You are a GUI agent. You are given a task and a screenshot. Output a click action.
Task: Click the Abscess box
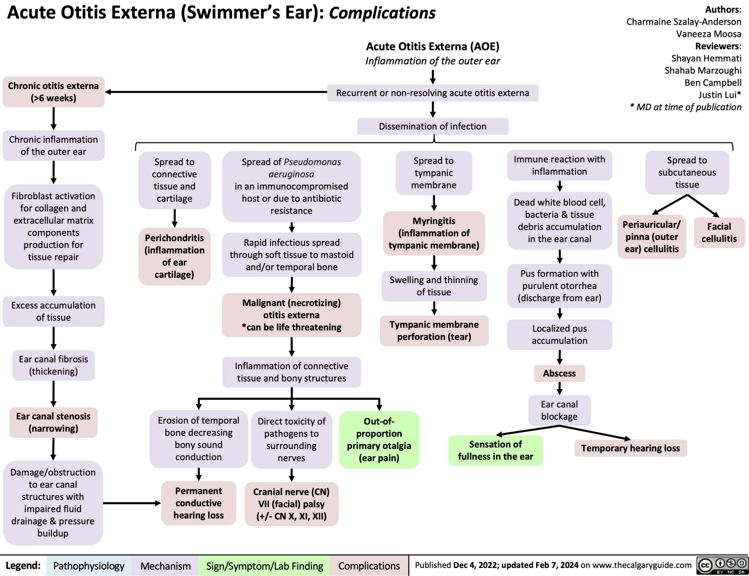point(559,373)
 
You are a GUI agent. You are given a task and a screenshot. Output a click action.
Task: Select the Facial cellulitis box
point(719,232)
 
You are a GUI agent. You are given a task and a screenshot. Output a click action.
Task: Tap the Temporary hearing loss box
point(631,448)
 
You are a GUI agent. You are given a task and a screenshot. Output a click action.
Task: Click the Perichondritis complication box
point(174,256)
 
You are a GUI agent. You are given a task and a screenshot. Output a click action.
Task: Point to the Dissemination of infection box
point(433,126)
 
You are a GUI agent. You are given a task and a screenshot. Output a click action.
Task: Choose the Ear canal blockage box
point(559,410)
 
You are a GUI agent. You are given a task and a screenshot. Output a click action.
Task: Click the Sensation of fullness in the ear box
point(495,450)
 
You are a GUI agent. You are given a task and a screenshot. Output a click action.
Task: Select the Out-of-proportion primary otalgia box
point(379,439)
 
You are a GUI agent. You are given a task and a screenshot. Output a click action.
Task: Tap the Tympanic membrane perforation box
point(434,330)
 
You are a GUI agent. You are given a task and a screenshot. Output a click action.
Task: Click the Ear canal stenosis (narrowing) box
point(53,422)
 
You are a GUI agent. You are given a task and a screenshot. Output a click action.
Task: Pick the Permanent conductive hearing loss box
point(199,503)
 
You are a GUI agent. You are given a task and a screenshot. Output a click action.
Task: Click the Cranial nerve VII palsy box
point(291,504)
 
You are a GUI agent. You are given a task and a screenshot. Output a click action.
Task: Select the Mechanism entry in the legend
point(165,566)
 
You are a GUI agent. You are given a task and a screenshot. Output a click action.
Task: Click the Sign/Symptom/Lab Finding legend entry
point(264,566)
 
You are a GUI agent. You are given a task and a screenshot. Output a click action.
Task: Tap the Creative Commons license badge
point(722,565)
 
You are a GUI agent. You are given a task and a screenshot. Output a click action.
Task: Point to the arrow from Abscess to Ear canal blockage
point(560,388)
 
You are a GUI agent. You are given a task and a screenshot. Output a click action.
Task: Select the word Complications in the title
point(382,13)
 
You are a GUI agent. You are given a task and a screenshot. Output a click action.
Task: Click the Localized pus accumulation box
point(559,334)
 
